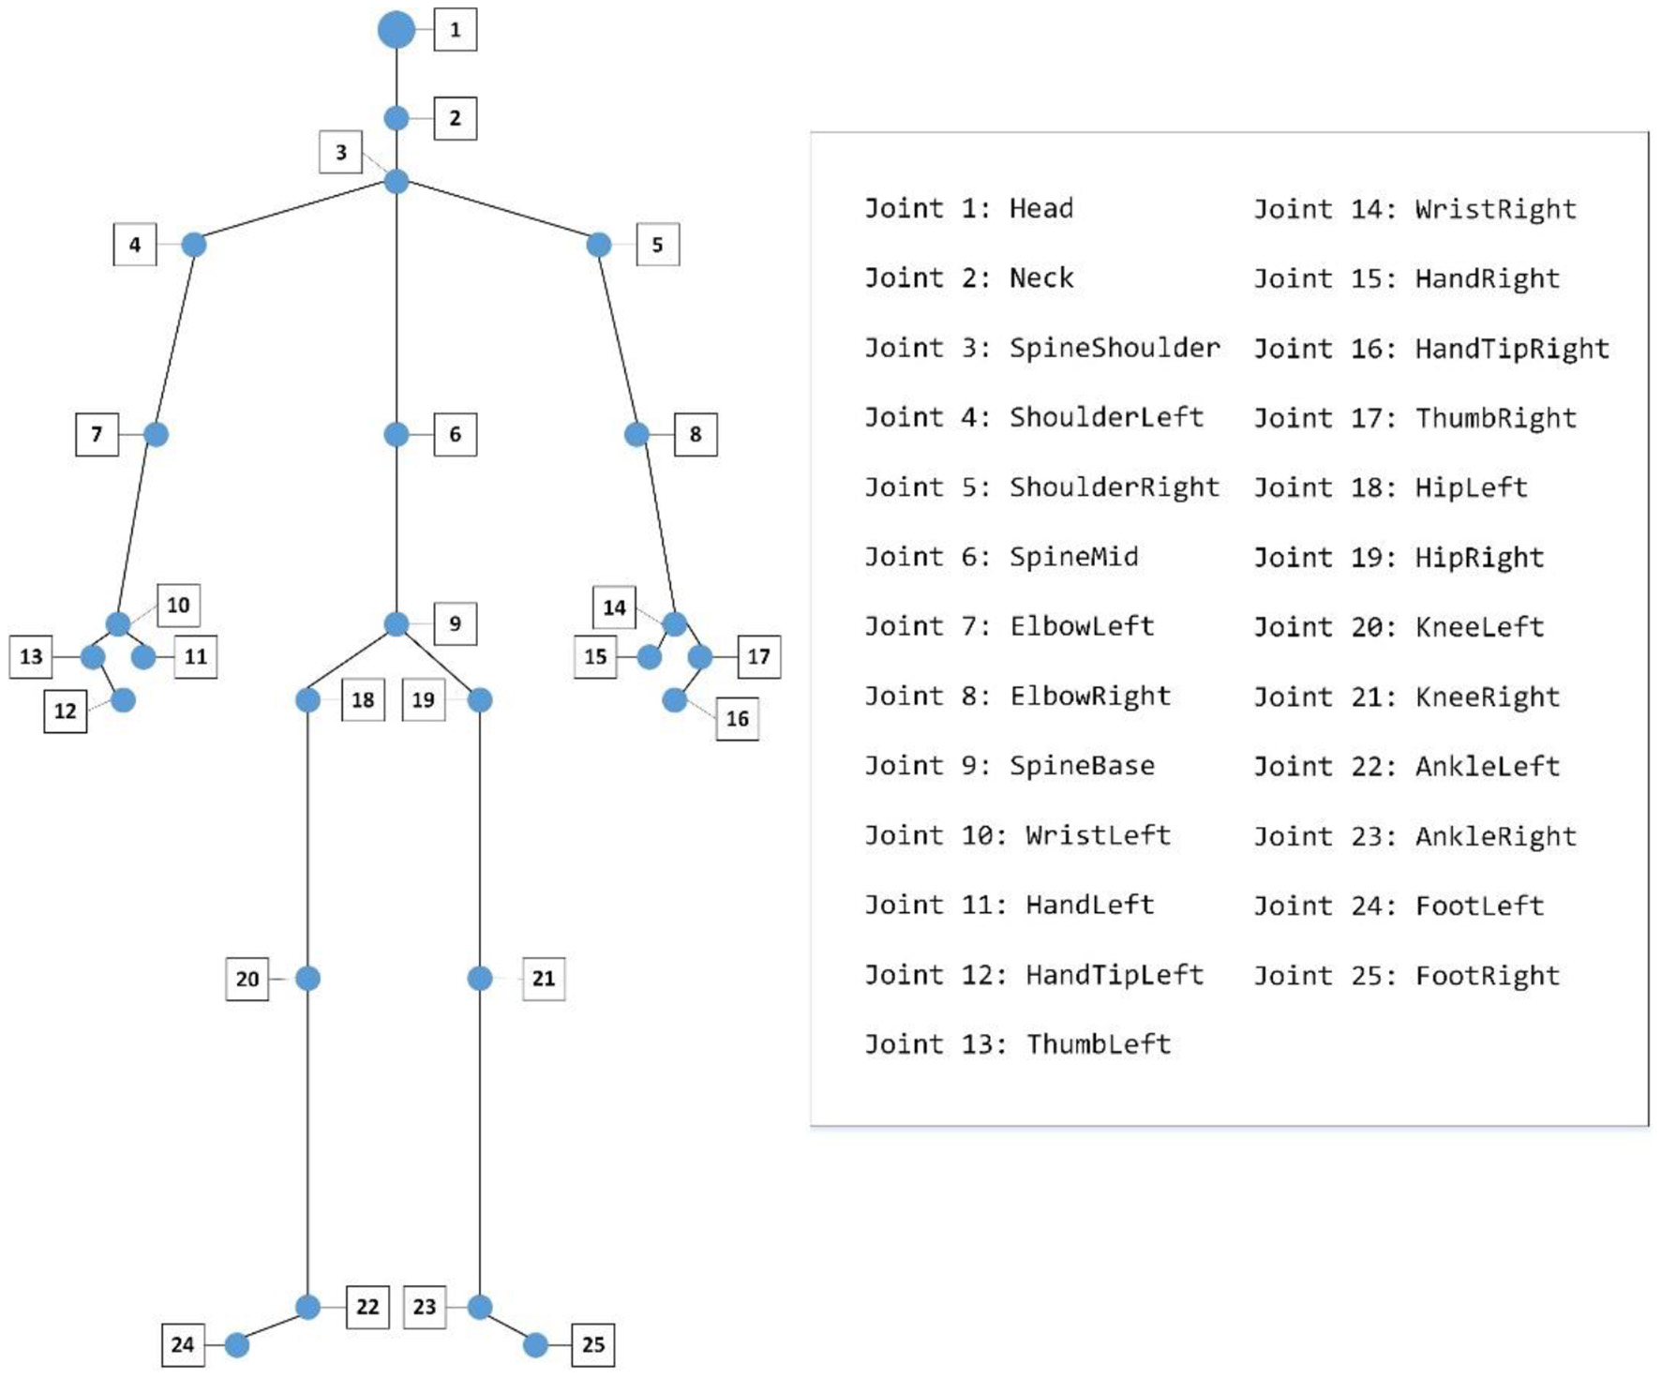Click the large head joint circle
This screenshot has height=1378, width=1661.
tap(397, 29)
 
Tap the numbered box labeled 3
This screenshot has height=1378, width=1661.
tap(341, 152)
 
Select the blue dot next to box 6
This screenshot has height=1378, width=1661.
tap(397, 434)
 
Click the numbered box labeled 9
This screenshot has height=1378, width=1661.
tap(455, 623)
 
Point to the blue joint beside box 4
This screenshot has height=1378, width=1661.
tap(193, 245)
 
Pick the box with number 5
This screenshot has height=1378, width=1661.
tap(657, 245)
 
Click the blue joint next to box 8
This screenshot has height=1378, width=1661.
tap(636, 434)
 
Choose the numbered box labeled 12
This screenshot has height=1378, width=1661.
tap(65, 711)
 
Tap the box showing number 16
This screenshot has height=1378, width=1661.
tap(737, 719)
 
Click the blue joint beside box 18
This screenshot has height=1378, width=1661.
tap(307, 699)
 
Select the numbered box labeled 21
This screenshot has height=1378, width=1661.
tap(543, 979)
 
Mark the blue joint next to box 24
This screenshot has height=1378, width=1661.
tap(237, 1345)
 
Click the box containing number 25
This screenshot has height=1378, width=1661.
tap(592, 1345)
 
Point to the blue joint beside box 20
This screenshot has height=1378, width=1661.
tap(307, 979)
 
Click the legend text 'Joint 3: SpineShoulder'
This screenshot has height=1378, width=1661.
tap(1041, 348)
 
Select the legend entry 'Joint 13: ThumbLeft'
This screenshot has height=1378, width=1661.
tap(1017, 1044)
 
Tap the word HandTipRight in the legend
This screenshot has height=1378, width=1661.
tap(1511, 349)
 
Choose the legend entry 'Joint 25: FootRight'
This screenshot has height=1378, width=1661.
tap(1406, 976)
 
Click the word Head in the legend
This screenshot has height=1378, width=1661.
tap(1040, 208)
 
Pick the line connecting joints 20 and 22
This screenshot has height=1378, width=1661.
tap(307, 1144)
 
